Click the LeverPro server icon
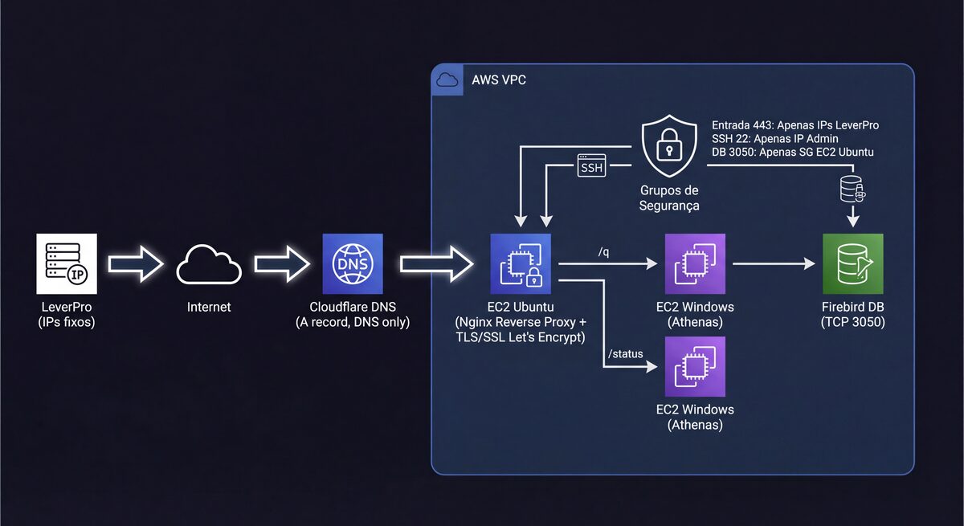pos(67,263)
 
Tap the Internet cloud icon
pos(209,264)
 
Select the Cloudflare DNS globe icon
pos(352,263)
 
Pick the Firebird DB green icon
pos(852,263)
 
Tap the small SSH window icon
pos(591,165)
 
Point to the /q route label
pos(603,252)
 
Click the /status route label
pos(624,354)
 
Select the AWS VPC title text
pos(499,81)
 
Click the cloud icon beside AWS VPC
pos(447,80)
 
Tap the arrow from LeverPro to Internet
pos(136,264)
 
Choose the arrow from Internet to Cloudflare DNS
pos(282,264)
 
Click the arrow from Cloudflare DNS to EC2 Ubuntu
pos(436,264)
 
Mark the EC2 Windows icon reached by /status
pos(694,365)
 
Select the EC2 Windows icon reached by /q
pos(694,263)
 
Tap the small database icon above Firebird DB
pos(852,189)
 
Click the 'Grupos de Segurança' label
pos(669,198)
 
